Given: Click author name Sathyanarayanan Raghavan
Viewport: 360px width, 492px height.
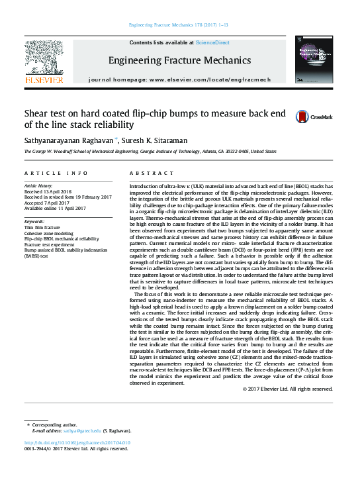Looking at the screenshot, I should (69, 140).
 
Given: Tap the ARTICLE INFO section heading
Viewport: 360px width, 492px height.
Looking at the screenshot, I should (56, 173).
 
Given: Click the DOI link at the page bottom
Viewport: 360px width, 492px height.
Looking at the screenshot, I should (77, 442).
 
